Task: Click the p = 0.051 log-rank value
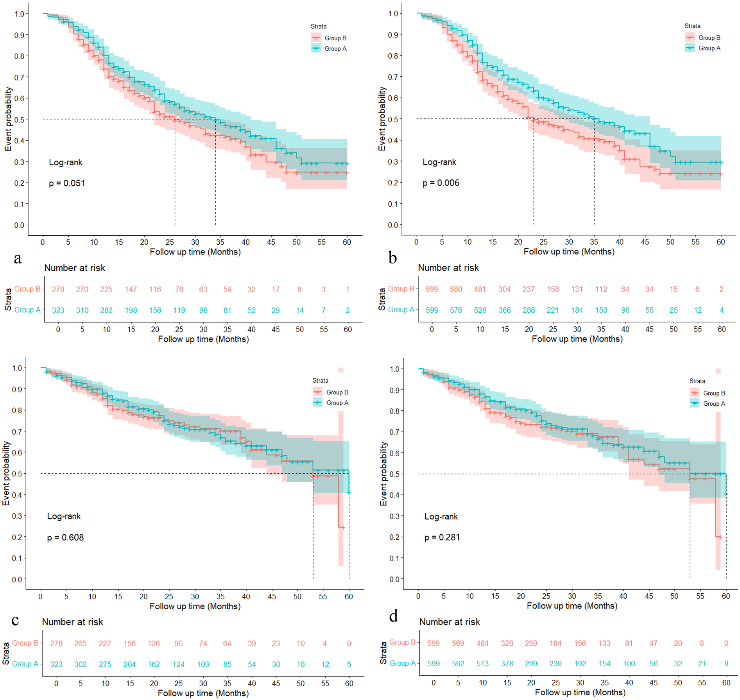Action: (67, 183)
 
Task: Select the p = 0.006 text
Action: (441, 183)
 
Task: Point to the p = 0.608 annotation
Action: (65, 537)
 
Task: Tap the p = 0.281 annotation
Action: (442, 537)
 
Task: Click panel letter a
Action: (17, 258)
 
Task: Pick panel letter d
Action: (393, 616)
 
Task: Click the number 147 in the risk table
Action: (131, 290)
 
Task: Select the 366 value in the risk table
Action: (504, 310)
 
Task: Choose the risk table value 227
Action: (105, 643)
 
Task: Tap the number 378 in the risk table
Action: (507, 664)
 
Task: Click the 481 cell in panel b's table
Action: (480, 290)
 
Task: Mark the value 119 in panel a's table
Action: (179, 310)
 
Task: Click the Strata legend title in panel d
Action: (697, 381)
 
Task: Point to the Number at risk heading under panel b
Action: (448, 268)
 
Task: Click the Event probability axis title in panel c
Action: (6, 473)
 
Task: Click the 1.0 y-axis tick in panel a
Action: (20, 14)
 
